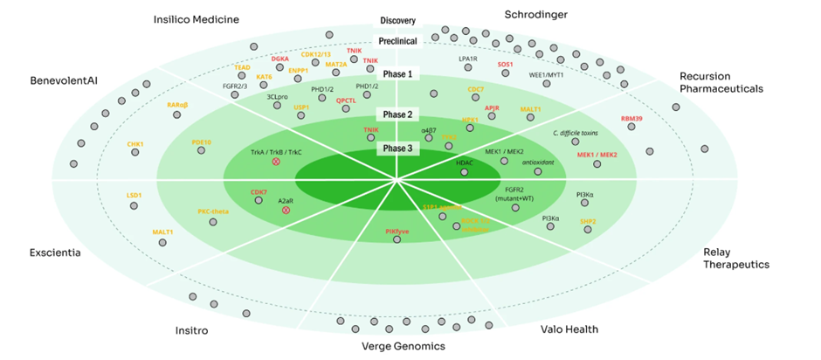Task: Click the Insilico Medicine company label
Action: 196,19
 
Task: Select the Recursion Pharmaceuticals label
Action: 721,82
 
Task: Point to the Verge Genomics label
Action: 403,346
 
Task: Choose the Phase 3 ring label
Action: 397,148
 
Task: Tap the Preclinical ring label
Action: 397,40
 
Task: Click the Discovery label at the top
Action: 397,20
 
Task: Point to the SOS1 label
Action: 506,64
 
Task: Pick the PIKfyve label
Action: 397,230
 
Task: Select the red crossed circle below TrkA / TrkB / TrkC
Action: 276,163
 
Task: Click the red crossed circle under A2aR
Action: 286,211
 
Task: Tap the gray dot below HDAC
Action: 464,173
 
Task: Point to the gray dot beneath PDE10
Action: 201,151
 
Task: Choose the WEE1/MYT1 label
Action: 547,75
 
